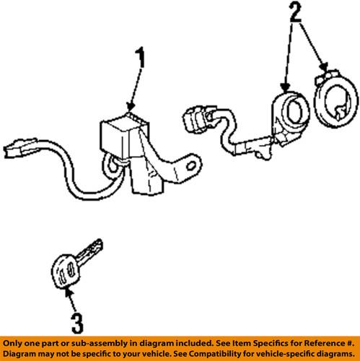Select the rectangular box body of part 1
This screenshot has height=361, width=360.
(x=123, y=134)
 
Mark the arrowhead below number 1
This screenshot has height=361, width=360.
(x=130, y=106)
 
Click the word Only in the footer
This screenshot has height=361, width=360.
(x=17, y=343)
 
